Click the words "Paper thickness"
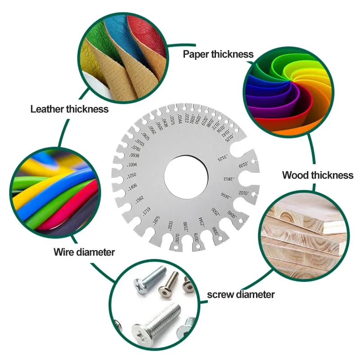point(218,54)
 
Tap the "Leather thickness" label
point(69,109)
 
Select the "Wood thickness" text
point(318,175)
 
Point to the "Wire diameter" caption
point(84,252)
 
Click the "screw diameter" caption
point(241,295)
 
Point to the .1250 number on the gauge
point(132,175)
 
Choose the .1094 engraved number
point(133,165)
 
